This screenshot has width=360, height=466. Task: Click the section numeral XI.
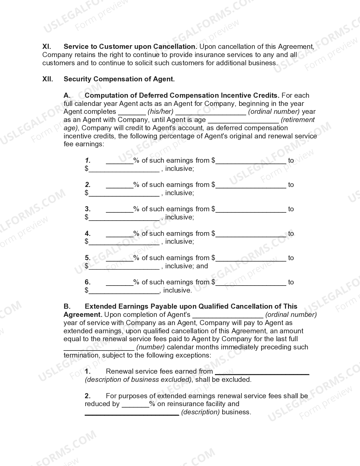click(47, 47)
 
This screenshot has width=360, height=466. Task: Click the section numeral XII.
click(48, 79)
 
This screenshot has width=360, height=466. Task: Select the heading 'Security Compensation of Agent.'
click(119, 79)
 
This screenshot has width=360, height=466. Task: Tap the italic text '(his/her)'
click(160, 112)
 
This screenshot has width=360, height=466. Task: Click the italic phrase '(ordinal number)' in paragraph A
click(274, 112)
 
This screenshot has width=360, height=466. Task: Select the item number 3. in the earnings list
click(88, 209)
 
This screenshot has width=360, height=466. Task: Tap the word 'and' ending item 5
click(202, 266)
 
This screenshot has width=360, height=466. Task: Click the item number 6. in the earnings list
click(88, 282)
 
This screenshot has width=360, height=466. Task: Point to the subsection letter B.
click(67, 306)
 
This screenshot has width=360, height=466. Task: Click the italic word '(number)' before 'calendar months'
click(150, 347)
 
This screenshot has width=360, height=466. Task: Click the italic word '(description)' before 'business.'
click(200, 412)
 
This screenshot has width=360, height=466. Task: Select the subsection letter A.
click(67, 95)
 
